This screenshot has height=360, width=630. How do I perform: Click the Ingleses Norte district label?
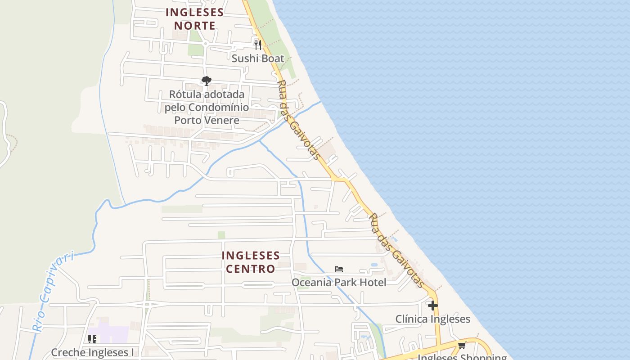pos(194,19)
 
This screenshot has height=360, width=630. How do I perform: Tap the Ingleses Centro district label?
pos(251,262)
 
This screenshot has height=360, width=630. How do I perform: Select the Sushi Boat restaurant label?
pos(258,58)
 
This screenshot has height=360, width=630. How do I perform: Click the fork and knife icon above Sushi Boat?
pos(258,45)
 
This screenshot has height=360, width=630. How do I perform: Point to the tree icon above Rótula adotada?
pos(206,81)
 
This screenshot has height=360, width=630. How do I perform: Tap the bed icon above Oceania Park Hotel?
pos(339,269)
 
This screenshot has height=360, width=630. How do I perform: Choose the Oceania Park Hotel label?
pos(339,282)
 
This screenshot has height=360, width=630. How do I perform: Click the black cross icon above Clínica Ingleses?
pos(433,306)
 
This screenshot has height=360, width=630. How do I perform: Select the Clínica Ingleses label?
pos(432,319)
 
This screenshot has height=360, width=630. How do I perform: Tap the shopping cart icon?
pos(462,346)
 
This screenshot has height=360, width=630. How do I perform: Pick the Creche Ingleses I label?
pos(92,352)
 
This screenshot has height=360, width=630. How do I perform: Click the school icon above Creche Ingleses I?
pos(92,339)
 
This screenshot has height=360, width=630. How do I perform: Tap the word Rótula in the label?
pos(185,94)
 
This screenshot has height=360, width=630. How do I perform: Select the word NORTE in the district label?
pos(194,26)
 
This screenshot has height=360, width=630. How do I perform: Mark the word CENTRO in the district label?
pos(251,269)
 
